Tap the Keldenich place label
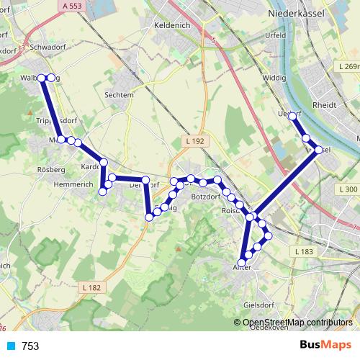click(171, 25)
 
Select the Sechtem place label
click(119, 94)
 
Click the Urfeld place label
click(276, 35)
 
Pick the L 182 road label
click(92, 288)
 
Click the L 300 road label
click(347, 189)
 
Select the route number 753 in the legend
click(30, 346)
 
